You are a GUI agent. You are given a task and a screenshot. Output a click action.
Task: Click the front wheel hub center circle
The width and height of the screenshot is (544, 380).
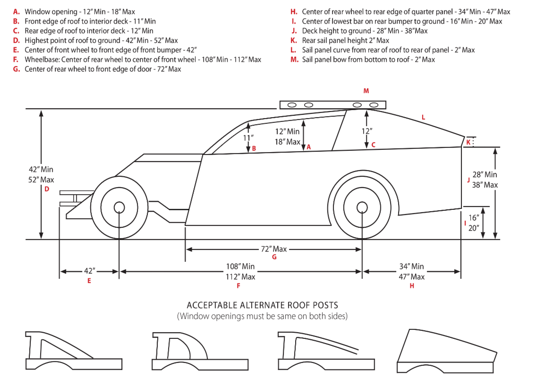pos(119,207)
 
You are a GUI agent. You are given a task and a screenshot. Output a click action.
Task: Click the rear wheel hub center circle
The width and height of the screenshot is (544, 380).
pos(362,207)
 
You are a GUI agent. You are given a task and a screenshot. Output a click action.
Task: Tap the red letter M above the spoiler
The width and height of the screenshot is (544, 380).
pos(366,91)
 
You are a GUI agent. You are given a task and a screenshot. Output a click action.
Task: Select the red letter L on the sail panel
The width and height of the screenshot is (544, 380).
pos(423,117)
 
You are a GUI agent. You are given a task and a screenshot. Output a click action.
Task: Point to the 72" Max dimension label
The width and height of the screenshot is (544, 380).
pos(274,249)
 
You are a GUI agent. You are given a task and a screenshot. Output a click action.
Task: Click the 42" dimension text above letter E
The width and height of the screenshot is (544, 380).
pos(89,271)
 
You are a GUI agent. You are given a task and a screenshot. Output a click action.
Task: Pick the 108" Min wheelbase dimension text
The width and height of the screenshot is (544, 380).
pos(240,267)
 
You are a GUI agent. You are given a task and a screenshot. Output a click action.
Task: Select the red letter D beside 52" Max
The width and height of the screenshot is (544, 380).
pos(47,190)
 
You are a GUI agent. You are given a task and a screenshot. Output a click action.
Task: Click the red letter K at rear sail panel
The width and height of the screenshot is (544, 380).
pos(468,142)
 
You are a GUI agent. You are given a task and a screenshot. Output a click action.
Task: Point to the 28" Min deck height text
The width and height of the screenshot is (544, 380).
pos(484,175)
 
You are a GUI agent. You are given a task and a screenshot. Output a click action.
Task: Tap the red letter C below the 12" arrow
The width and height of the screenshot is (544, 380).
pos(373,145)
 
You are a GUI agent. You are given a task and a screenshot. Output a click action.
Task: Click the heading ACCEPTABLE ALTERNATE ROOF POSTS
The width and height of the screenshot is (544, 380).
pos(262,306)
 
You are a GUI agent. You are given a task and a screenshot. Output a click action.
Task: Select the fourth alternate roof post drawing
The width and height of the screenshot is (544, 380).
pos(447,350)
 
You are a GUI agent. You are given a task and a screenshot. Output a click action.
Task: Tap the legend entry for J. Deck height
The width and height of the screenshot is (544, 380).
pos(359,31)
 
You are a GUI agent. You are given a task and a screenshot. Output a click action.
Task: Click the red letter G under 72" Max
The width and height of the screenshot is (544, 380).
pos(274,257)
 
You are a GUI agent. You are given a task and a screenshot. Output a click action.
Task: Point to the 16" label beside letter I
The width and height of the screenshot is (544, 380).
pos(474,218)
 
